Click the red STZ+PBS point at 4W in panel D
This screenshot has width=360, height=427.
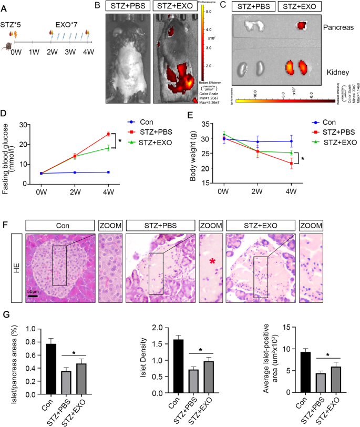pos(109,134)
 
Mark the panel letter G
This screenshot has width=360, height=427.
pos(5,317)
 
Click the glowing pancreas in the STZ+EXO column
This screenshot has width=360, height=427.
pos(302,25)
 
